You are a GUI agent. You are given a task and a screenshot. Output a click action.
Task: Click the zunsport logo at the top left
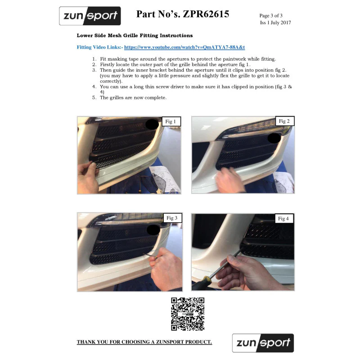pyautogui.click(x=90, y=16)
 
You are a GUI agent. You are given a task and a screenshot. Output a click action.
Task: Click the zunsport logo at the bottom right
pyautogui.click(x=263, y=343)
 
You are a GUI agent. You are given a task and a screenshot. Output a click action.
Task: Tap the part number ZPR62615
pyautogui.click(x=206, y=14)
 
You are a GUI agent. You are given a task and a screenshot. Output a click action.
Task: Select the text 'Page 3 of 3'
pyautogui.click(x=271, y=16)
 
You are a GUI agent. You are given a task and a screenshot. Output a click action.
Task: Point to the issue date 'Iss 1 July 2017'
pyautogui.click(x=275, y=22)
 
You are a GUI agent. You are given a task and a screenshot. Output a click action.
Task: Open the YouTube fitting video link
pyautogui.click(x=184, y=47)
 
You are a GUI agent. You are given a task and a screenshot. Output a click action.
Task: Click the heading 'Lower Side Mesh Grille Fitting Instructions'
pyautogui.click(x=135, y=36)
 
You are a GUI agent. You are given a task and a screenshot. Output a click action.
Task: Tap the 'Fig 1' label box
pyautogui.click(x=171, y=121)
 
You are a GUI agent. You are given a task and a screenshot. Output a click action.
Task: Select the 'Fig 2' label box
pyautogui.click(x=284, y=121)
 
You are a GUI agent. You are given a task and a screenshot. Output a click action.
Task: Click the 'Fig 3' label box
pyautogui.click(x=172, y=218)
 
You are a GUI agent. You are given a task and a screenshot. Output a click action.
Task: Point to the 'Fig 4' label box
pyautogui.click(x=284, y=219)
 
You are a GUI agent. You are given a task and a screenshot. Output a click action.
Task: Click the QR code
pyautogui.click(x=188, y=314)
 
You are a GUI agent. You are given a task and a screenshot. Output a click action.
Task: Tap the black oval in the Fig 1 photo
pyautogui.click(x=152, y=125)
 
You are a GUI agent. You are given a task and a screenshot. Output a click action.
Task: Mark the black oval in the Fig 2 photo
pyautogui.click(x=274, y=138)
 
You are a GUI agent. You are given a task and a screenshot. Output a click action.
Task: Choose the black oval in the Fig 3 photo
pyautogui.click(x=153, y=230)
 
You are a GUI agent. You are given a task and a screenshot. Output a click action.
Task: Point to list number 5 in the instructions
pyautogui.click(x=94, y=98)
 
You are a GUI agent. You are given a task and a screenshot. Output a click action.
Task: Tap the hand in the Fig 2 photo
pyautogui.click(x=229, y=180)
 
